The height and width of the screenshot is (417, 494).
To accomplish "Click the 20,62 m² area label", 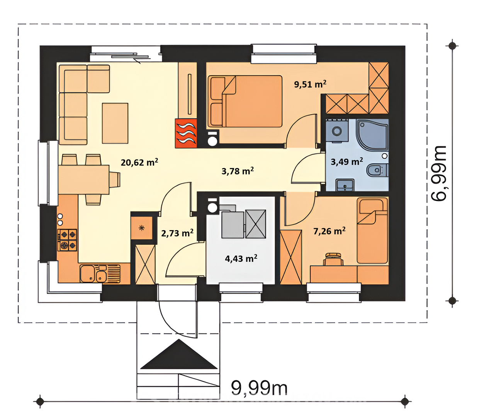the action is pyautogui.click(x=139, y=163).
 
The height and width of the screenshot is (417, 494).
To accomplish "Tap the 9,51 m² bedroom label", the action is pyautogui.click(x=310, y=84).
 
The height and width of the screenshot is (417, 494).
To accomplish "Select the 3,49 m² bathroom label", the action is pyautogui.click(x=346, y=162).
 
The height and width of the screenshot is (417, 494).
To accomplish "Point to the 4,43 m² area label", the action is pyautogui.click(x=241, y=259).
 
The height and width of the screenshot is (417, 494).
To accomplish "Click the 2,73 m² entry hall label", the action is pyautogui.click(x=177, y=233).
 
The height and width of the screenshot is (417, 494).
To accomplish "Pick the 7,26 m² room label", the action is pyautogui.click(x=329, y=231).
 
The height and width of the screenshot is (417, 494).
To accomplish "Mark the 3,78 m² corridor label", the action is pyautogui.click(x=238, y=171).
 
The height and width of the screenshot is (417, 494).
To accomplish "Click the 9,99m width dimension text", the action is pyautogui.click(x=259, y=388).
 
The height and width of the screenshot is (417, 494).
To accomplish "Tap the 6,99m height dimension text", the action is pyautogui.click(x=438, y=173).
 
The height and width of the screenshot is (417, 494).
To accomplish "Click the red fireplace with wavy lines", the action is pyautogui.click(x=186, y=133).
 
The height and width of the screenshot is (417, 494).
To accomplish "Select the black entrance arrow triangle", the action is pyautogui.click(x=179, y=354).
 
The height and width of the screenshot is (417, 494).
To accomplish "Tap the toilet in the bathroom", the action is pyautogui.click(x=377, y=170).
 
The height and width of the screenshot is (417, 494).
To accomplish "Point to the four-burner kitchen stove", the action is pyautogui.click(x=67, y=240).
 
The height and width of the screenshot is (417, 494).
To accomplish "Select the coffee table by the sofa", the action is pyautogui.click(x=115, y=123).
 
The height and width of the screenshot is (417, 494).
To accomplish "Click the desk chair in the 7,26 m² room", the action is pyautogui.click(x=333, y=259).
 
